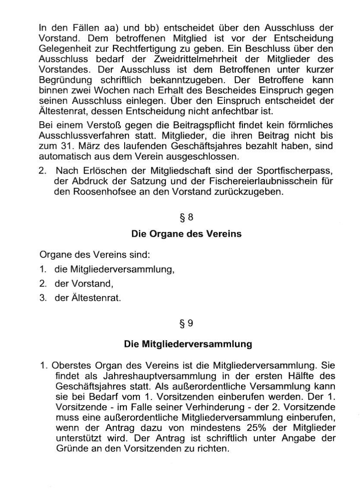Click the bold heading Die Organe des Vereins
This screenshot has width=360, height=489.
click(186, 234)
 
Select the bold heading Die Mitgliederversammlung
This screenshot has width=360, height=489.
click(188, 344)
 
